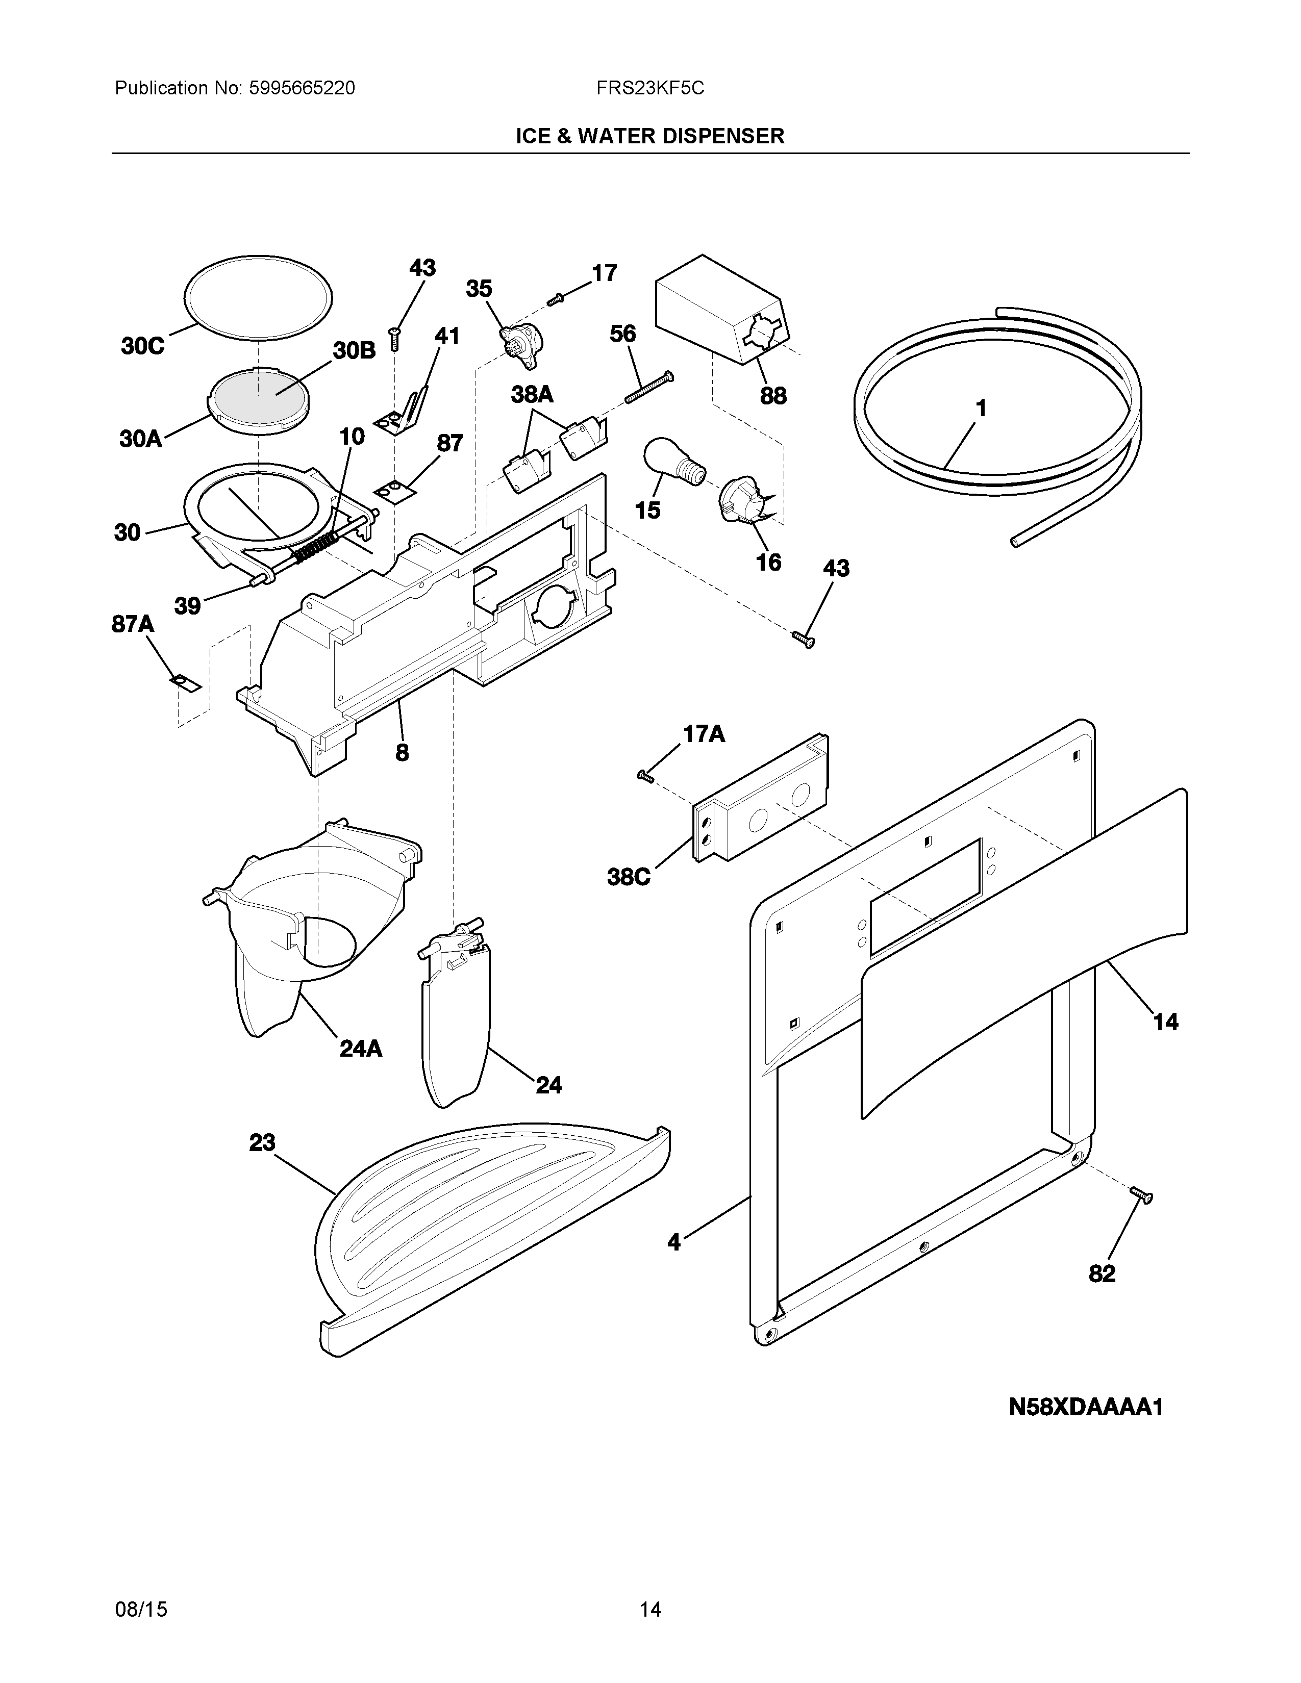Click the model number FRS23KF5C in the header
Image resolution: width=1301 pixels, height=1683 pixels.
(649, 89)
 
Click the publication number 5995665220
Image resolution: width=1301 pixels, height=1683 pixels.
(302, 89)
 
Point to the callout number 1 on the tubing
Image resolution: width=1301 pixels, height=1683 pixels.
(981, 409)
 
